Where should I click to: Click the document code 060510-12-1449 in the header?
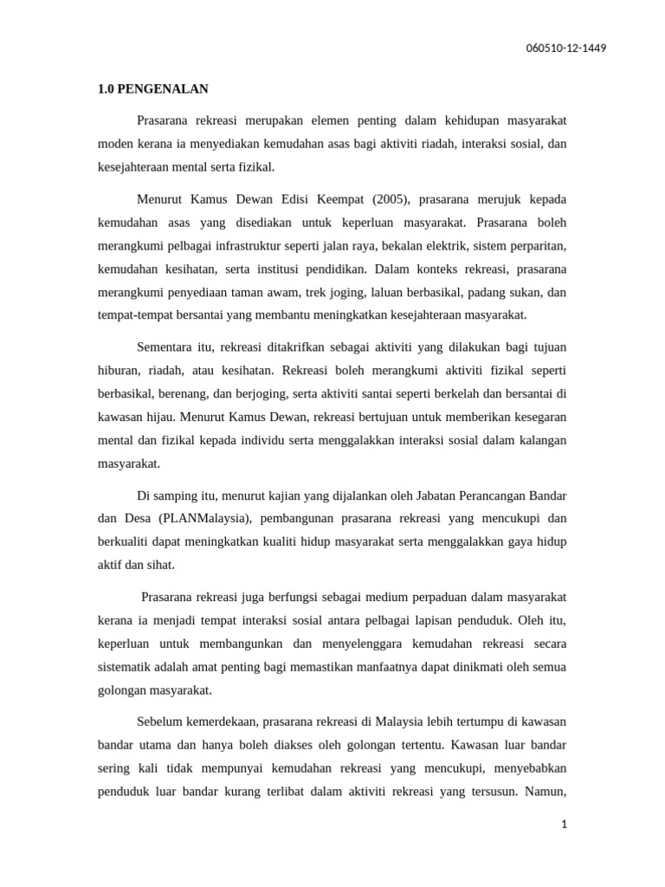point(566,48)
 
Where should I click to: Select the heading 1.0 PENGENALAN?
point(152,89)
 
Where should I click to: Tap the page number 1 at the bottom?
point(563,825)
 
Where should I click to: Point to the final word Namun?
point(546,792)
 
